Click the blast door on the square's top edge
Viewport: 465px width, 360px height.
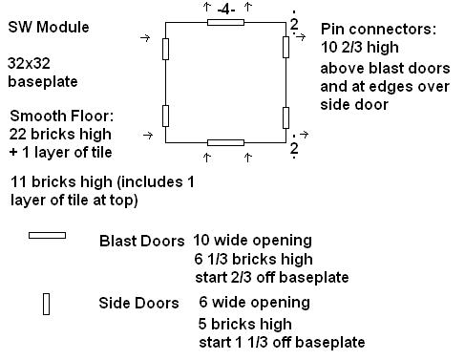tap(225, 22)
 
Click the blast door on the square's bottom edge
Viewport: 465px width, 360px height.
tap(225, 142)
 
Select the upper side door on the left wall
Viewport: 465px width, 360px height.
tap(166, 48)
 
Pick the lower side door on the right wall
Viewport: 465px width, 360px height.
tap(286, 116)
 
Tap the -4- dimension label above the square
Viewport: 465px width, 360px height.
tap(225, 9)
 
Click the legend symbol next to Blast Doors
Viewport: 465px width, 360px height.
tap(47, 235)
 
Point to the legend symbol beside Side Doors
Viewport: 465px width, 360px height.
tap(46, 304)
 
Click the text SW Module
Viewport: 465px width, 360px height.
tap(49, 28)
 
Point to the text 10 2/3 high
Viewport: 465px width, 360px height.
tap(365, 48)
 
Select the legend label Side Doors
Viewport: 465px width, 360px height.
tap(138, 304)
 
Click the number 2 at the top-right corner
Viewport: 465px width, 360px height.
tap(293, 23)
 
